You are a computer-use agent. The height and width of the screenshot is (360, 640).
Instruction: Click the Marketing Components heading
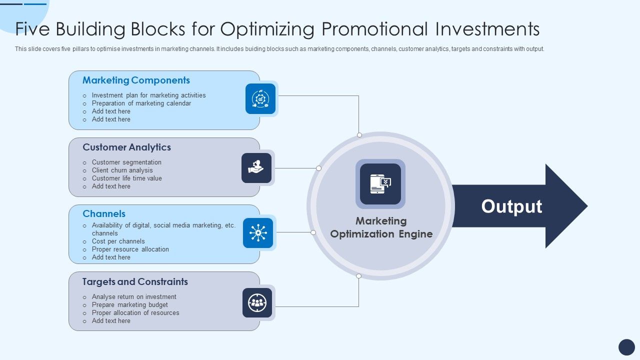136,80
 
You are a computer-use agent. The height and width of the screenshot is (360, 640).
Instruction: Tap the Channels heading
104,213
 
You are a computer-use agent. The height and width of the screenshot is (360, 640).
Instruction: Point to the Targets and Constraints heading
135,281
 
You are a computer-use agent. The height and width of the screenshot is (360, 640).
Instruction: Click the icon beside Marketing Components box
260,98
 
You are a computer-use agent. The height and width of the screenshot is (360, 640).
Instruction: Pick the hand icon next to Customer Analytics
256,167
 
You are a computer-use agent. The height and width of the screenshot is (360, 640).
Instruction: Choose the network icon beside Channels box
258,233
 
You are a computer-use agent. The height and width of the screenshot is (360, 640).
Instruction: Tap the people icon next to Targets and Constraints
257,302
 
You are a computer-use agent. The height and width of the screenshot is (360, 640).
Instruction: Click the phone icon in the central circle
380,183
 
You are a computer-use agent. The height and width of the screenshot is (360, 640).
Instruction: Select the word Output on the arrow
511,206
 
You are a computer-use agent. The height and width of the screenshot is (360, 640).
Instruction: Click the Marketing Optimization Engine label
381,227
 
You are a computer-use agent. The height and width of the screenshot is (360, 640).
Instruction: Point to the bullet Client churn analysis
122,170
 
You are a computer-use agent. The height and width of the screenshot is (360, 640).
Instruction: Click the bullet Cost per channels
118,241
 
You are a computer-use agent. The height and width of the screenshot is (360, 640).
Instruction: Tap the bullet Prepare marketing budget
129,304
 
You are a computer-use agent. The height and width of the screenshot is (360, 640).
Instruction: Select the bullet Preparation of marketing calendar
141,103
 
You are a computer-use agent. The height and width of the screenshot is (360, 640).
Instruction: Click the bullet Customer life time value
126,178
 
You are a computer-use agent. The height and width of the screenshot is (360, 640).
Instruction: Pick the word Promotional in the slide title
374,29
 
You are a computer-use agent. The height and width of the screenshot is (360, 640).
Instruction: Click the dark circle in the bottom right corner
626,347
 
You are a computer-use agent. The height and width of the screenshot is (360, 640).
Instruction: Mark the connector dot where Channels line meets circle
313,232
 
